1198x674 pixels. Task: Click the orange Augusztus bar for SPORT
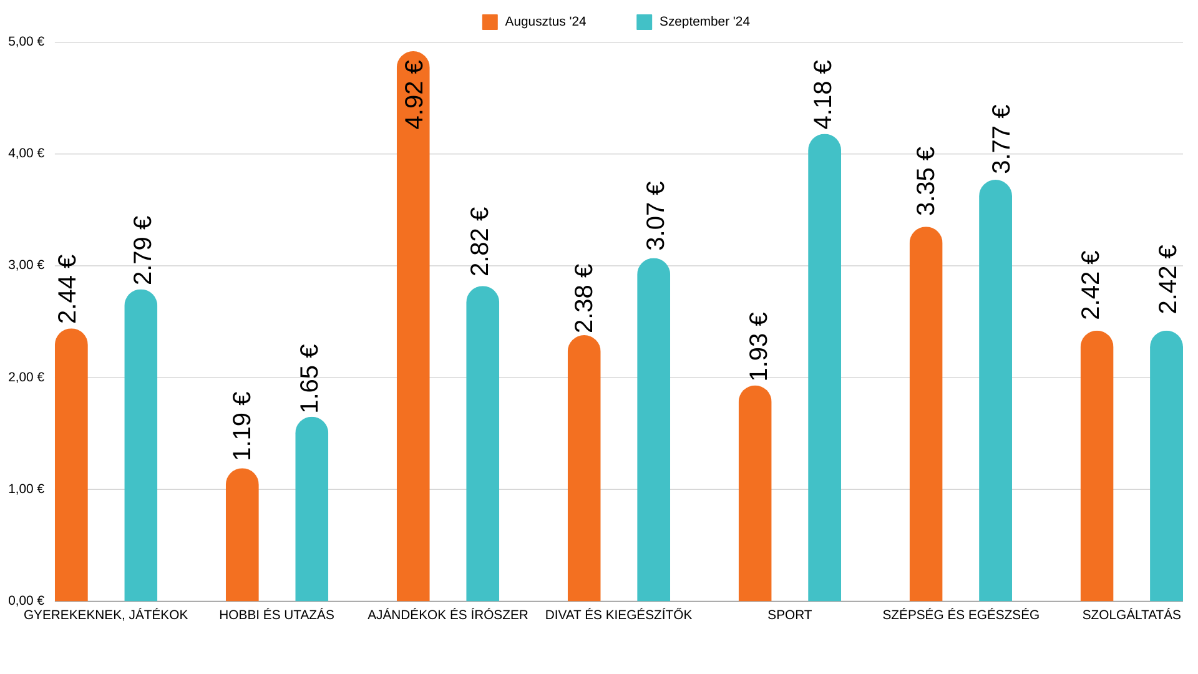click(x=755, y=493)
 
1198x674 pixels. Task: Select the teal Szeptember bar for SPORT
click(x=824, y=368)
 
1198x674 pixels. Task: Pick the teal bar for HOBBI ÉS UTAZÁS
click(x=311, y=509)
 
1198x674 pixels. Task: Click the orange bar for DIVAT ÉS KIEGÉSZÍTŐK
click(x=584, y=468)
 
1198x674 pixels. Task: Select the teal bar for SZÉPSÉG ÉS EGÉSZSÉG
click(x=995, y=390)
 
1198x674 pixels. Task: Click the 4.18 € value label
click(x=823, y=95)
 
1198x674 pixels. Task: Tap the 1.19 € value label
click(x=242, y=426)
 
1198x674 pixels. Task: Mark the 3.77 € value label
click(x=1001, y=139)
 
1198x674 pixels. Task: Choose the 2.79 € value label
click(x=143, y=250)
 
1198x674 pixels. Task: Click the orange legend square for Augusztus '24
click(x=490, y=22)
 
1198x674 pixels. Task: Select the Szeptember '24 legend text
click(x=704, y=22)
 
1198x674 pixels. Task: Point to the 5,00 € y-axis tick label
click(x=26, y=42)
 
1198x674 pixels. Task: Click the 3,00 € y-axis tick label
click(x=26, y=265)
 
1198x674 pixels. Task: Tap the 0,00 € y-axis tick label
click(x=26, y=600)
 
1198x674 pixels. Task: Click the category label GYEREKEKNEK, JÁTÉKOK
click(x=105, y=615)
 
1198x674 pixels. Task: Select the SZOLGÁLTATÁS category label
click(x=1131, y=615)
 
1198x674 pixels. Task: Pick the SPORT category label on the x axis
click(x=789, y=615)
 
